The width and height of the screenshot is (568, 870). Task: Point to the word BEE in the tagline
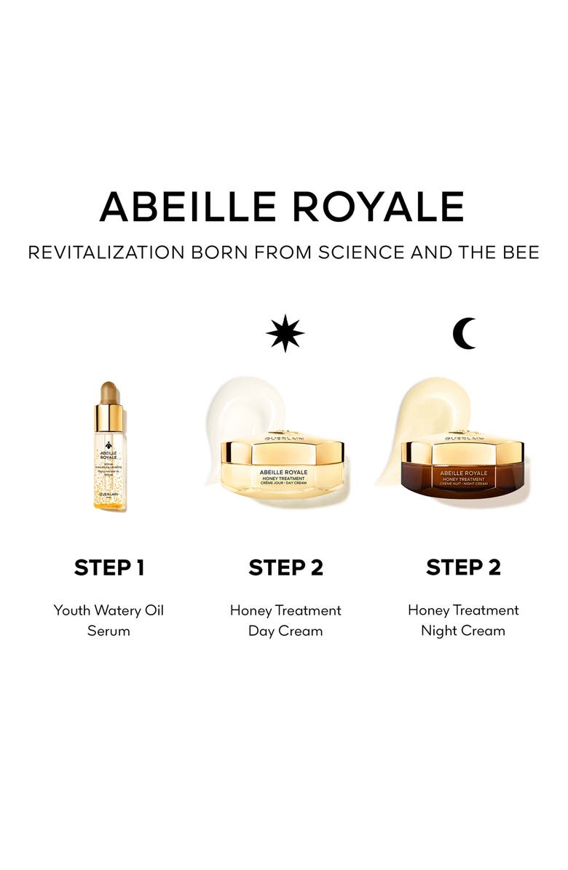[520, 252]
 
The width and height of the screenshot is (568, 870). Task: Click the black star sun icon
[285, 334]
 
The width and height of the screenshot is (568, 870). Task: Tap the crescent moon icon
[463, 334]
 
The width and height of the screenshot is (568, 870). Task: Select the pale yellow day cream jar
[283, 469]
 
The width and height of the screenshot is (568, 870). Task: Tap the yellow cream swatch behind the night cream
[415, 415]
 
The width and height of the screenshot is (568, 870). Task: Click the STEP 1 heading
[109, 567]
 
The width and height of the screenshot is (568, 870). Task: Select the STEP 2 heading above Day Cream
[285, 567]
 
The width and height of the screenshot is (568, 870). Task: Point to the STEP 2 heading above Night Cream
[463, 567]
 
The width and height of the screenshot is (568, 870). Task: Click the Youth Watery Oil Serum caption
[109, 620]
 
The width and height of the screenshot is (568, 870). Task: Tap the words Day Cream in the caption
[285, 631]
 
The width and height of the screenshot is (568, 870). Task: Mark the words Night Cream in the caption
[463, 631]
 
